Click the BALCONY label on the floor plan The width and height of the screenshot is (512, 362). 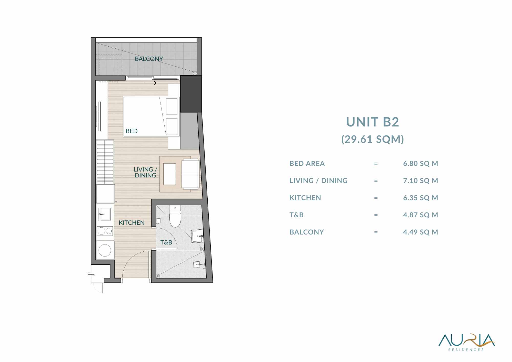tap(149, 59)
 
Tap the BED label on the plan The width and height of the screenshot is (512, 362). tap(132, 131)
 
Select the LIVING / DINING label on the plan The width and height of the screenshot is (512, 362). tap(145, 172)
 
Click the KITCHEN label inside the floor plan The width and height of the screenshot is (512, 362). tap(132, 223)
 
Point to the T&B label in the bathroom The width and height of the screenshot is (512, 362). tap(166, 242)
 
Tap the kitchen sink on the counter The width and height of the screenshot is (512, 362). tap(105, 214)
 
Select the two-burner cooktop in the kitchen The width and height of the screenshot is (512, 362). tap(105, 231)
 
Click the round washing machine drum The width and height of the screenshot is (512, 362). tap(105, 250)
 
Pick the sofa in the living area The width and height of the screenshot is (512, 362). tap(190, 174)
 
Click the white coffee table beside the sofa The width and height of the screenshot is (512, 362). tap(169, 174)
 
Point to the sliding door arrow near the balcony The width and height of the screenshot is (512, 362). tap(150, 83)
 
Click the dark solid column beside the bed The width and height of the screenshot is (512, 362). tap(191, 94)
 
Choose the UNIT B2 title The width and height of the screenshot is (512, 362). tap(372, 122)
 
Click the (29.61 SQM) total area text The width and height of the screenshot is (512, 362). tap(372, 139)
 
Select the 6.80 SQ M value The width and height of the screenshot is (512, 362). tap(421, 164)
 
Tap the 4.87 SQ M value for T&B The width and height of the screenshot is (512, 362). tap(421, 215)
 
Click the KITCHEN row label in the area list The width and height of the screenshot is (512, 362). tap(305, 198)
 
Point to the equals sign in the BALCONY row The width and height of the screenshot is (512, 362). tap(376, 232)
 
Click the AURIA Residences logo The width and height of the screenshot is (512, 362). tap(466, 343)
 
